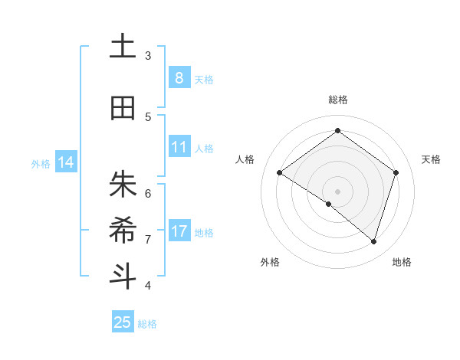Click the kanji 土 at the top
[122, 47]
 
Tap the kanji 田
[122, 108]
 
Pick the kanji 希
[122, 230]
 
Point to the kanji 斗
[122, 277]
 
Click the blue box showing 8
[179, 77]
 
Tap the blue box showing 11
[179, 147]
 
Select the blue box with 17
[179, 231]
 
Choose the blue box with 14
[65, 162]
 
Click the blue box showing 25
[123, 322]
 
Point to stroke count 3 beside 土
[148, 55]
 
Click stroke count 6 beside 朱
[148, 192]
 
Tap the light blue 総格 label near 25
[147, 324]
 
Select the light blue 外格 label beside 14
[41, 163]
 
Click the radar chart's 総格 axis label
[337, 100]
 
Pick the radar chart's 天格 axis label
[431, 159]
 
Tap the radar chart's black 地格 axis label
[402, 262]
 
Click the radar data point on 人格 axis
[280, 173]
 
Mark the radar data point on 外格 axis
[328, 204]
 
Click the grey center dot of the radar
[337, 191]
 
